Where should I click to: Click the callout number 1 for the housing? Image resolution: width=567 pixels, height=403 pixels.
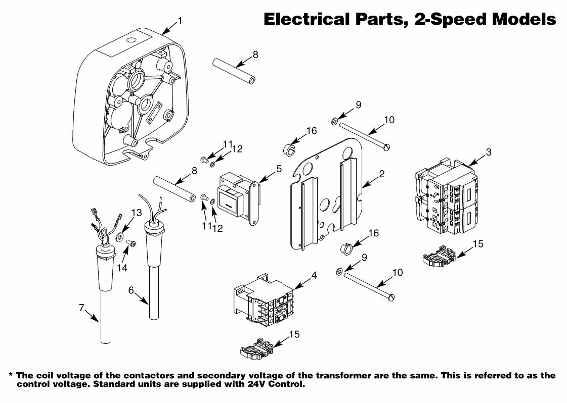(180, 21)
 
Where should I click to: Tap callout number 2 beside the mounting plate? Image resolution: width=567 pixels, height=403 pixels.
(382, 174)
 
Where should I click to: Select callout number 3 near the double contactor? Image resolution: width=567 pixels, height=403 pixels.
(488, 151)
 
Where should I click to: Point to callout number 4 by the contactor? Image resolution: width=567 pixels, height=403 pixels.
(314, 275)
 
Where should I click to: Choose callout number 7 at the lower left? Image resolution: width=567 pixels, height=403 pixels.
(81, 308)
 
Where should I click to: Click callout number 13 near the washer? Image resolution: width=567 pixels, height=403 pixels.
(137, 213)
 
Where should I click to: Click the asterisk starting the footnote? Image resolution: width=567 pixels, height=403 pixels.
(11, 376)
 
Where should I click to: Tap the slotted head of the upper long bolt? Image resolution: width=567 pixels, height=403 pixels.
(388, 147)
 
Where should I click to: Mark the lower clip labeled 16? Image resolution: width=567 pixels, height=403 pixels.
(345, 248)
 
